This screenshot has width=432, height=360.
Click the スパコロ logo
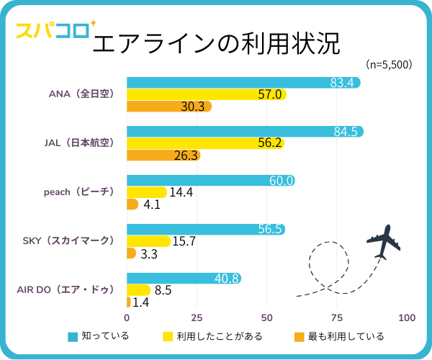(x=53, y=31)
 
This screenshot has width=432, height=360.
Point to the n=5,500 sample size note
(x=389, y=65)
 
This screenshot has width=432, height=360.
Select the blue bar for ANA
(x=243, y=83)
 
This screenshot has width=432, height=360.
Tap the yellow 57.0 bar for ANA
(x=206, y=94)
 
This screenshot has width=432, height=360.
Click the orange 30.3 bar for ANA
(x=168, y=107)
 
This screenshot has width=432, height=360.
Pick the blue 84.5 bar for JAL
(x=245, y=131)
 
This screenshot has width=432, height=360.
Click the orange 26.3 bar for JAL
(x=163, y=155)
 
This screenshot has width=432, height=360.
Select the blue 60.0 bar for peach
(x=210, y=181)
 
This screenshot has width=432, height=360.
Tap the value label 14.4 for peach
(x=181, y=193)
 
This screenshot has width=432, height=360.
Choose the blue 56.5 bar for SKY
(x=205, y=230)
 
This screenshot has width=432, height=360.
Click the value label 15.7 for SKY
(x=184, y=242)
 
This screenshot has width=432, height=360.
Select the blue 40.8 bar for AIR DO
(x=184, y=279)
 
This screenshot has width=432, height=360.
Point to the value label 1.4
(x=142, y=302)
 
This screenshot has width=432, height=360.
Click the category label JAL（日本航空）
(x=78, y=143)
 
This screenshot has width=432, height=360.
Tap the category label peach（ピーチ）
(x=79, y=192)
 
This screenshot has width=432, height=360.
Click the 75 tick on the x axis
(x=337, y=318)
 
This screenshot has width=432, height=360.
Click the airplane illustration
(x=382, y=242)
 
